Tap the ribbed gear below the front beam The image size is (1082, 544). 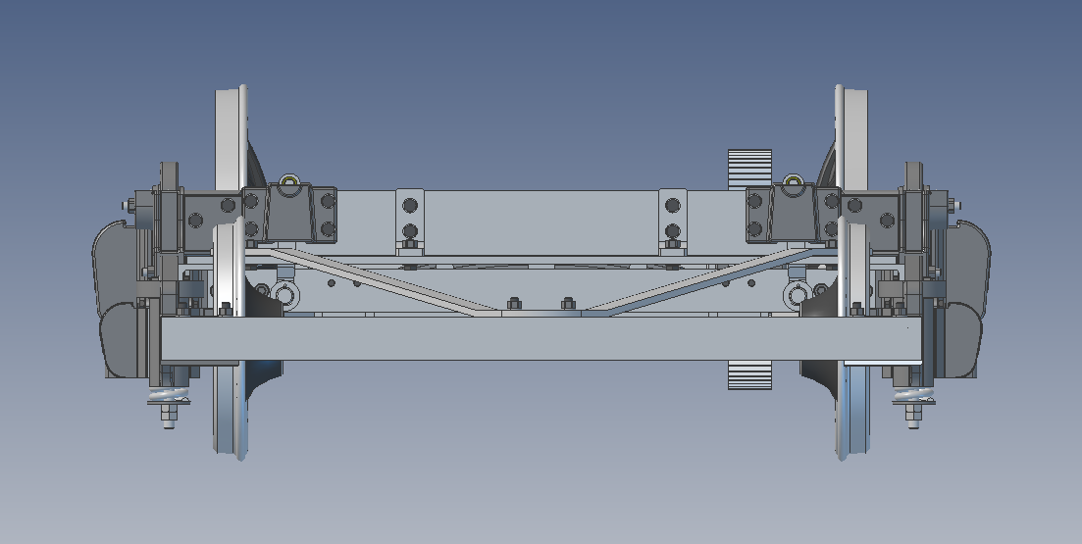click(x=749, y=374)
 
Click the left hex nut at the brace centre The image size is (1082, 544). click(x=512, y=304)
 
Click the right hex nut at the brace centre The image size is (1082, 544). click(x=566, y=304)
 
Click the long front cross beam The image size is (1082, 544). click(x=540, y=339)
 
